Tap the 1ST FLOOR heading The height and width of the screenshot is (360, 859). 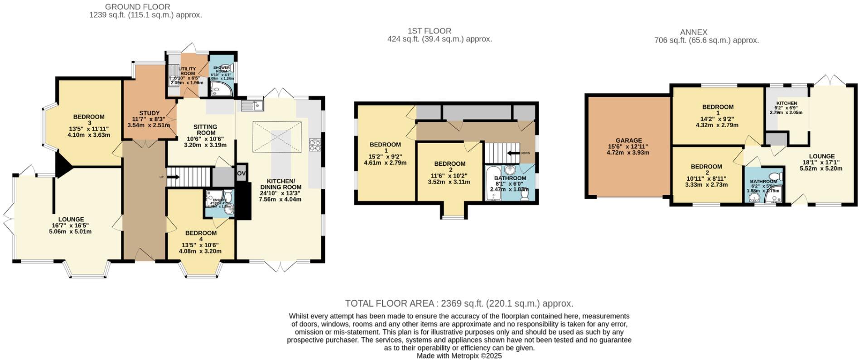click(x=429, y=31)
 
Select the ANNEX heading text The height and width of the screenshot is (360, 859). click(x=693, y=32)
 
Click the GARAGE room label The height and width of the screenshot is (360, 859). click(x=628, y=141)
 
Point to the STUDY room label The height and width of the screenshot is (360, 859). click(x=149, y=113)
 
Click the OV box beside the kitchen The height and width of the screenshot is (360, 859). click(x=241, y=173)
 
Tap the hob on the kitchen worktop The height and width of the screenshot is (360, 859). click(x=314, y=144)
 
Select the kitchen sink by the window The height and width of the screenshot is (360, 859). click(x=252, y=106)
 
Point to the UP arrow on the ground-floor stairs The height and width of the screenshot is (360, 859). click(x=173, y=177)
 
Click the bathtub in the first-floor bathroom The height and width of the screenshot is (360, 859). click(x=491, y=183)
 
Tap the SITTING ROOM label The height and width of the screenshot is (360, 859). click(x=205, y=130)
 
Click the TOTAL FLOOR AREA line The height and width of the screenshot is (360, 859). click(x=458, y=303)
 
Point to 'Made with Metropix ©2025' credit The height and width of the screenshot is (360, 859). click(x=459, y=356)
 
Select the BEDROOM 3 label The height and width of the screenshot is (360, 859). click(x=89, y=117)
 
